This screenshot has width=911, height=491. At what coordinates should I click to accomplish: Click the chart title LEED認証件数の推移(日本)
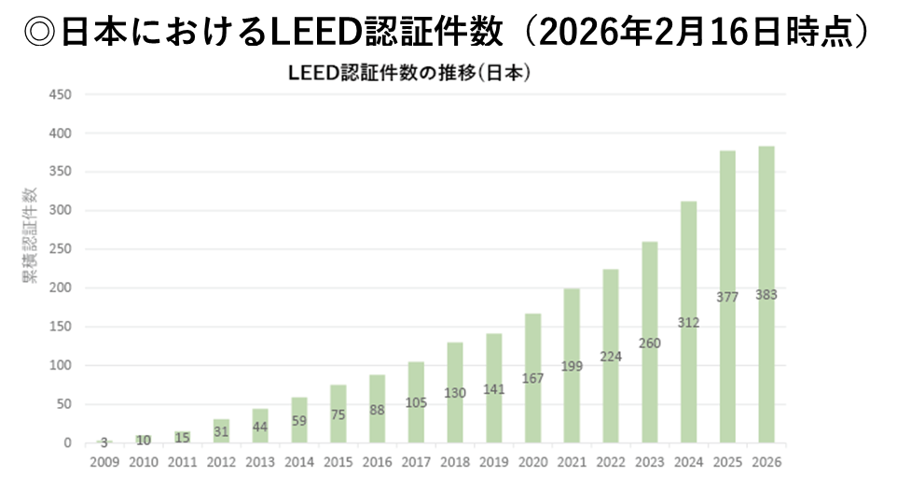[410, 74]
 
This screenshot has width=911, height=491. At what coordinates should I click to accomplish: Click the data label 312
[688, 323]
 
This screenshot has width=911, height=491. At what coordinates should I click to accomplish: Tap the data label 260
[649, 343]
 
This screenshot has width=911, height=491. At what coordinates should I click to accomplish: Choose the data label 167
[532, 379]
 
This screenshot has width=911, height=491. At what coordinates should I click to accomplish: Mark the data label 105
[416, 402]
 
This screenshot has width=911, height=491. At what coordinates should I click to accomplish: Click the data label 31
[221, 431]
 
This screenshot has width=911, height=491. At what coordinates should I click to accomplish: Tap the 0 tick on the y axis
[67, 443]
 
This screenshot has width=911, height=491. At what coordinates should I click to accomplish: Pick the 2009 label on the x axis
[104, 462]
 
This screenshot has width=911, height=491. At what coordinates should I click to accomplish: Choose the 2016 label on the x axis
[377, 462]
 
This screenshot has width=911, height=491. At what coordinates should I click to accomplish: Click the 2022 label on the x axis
[611, 462]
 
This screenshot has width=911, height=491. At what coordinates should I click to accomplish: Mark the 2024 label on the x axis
[688, 462]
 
